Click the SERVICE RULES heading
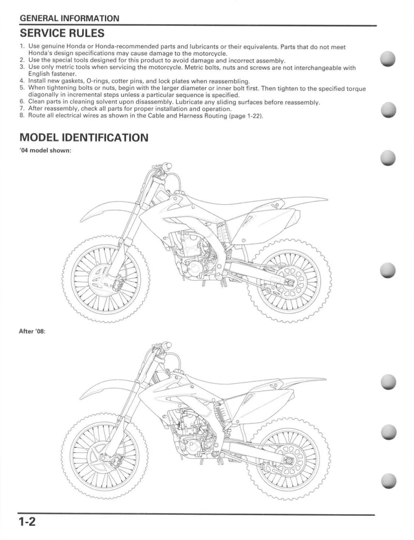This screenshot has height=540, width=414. tap(61, 34)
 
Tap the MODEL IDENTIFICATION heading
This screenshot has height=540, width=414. tap(84, 137)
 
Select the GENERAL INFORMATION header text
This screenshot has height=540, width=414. tap(69, 19)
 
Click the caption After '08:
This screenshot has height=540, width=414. tap(32, 331)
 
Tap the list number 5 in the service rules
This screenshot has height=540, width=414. tap(22, 89)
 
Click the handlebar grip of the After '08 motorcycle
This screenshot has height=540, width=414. tap(166, 345)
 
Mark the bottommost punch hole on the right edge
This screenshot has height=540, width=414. tap(388, 481)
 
